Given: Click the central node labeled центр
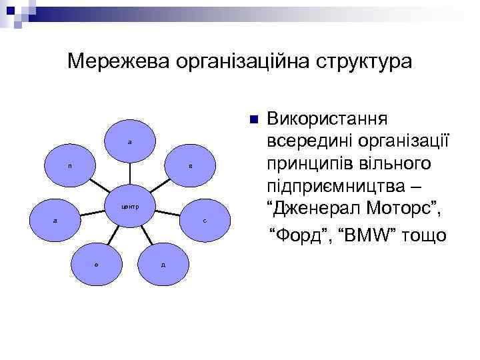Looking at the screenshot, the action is (x=130, y=206).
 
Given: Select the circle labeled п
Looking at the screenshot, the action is (x=70, y=166).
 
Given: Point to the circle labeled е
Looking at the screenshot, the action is (x=97, y=264).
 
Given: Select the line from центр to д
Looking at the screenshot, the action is (x=148, y=237).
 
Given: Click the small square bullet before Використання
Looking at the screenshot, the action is (x=252, y=120).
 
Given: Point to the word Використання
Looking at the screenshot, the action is (x=324, y=119).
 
